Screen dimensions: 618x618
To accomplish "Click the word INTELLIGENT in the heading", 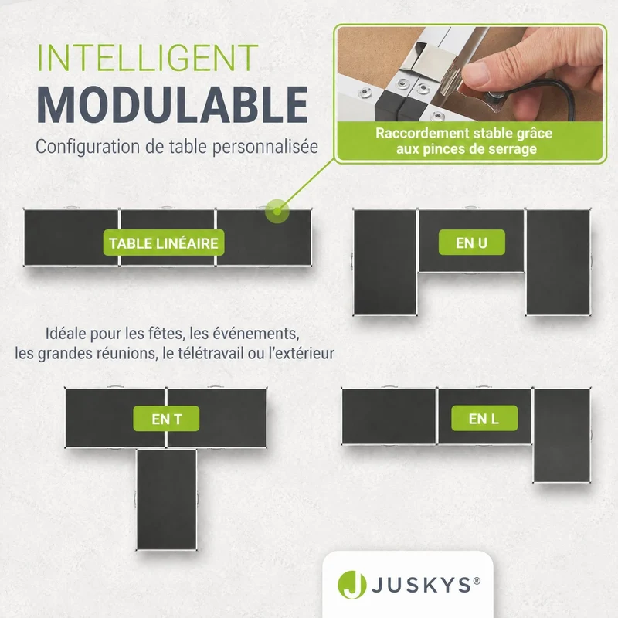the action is pyautogui.click(x=148, y=57).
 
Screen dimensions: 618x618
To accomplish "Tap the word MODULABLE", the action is pyautogui.click(x=172, y=105).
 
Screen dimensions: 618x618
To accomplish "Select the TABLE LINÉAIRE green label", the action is pyautogui.click(x=164, y=243).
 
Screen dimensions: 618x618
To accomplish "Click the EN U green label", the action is pyautogui.click(x=472, y=243).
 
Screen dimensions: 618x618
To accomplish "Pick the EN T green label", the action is pyautogui.click(x=166, y=419).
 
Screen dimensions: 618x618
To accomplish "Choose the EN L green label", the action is pyautogui.click(x=484, y=418).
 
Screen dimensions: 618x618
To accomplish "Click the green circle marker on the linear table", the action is pyautogui.click(x=277, y=211).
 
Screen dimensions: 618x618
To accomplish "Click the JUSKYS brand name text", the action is pyautogui.click(x=421, y=586).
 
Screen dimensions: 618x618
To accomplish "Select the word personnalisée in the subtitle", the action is pyautogui.click(x=265, y=147).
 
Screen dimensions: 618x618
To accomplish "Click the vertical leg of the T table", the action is pyautogui.click(x=166, y=499).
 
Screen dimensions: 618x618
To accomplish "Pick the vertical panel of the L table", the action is pyautogui.click(x=562, y=435).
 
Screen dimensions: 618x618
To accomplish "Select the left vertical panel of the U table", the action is pyautogui.click(x=385, y=262).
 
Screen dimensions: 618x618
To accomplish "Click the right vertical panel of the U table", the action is pyautogui.click(x=558, y=262).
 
